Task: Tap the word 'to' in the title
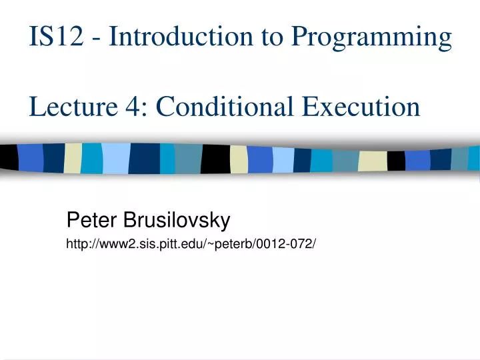click(272, 37)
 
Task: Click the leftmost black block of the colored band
click(9, 158)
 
